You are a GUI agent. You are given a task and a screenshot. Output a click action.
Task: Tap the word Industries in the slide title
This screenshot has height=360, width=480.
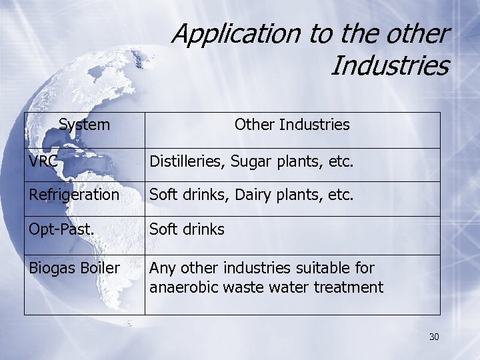tap(389, 65)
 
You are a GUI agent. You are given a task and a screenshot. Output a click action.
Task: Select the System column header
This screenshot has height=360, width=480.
tap(85, 125)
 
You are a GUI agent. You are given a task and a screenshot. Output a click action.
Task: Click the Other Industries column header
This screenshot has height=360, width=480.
tap(292, 125)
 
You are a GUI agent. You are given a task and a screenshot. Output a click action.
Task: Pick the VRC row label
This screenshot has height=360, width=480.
tap(43, 161)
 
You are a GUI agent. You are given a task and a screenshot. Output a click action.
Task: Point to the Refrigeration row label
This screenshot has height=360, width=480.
tap(74, 195)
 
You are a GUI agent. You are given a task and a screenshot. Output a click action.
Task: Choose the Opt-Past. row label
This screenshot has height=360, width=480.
tap(61, 229)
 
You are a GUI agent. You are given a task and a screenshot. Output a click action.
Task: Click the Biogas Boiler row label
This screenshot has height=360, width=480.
tap(74, 268)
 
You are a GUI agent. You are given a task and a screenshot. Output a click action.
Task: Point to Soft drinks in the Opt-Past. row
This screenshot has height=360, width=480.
tap(187, 229)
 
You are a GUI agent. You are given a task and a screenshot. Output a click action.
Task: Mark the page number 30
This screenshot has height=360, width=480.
tap(434, 337)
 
